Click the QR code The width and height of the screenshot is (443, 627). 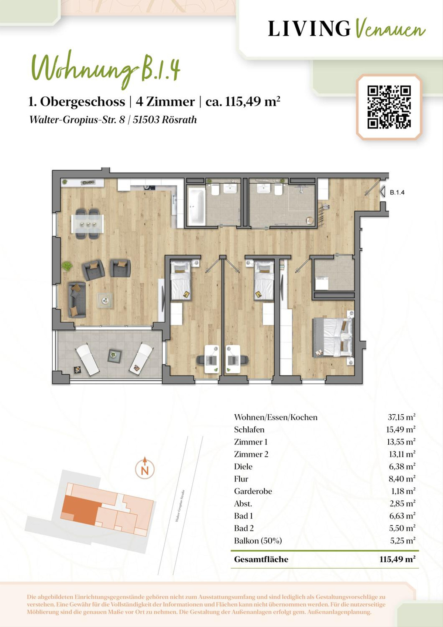tap(389, 107)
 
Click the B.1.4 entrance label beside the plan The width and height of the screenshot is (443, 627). tap(397, 193)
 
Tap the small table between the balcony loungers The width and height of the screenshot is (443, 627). tap(114, 356)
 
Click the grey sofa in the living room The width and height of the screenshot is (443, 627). tap(77, 299)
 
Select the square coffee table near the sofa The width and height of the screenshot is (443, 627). tap(105, 301)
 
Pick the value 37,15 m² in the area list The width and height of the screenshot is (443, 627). tap(401, 417)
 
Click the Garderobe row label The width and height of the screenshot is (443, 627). tap(253, 491)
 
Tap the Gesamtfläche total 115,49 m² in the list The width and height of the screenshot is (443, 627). tap(397, 559)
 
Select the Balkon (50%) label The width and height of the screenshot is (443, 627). tap(258, 541)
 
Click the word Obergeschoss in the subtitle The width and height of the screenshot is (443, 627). tap(83, 102)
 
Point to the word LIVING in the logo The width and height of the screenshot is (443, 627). tap(309, 28)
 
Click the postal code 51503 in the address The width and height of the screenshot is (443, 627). tap(146, 120)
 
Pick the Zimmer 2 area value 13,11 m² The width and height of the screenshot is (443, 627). tap(401, 454)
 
